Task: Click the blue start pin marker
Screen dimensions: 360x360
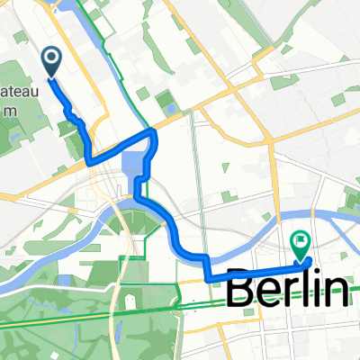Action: click(50, 61)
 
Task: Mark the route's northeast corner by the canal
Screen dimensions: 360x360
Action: click(154, 132)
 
